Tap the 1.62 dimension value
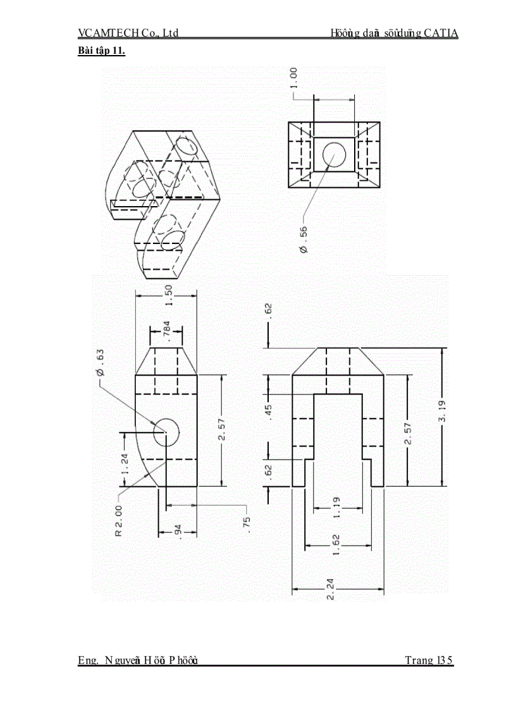pos(335,544)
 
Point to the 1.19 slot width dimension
pos(336,506)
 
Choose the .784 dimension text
pos(166,329)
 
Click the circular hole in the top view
pos(335,154)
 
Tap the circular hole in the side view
pos(167,432)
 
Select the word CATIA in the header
pos(441,34)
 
